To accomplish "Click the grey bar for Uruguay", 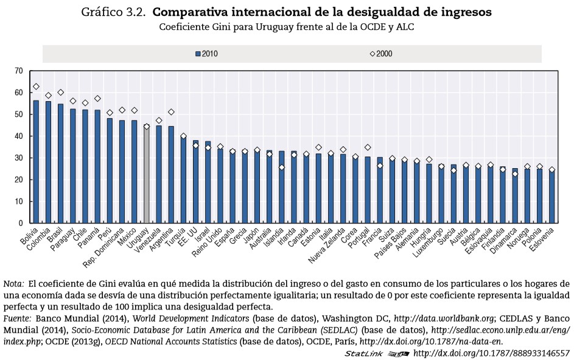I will pyautogui.click(x=146, y=174).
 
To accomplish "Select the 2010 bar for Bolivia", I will pyautogui.click(x=36, y=161).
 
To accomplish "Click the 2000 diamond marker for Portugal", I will pyautogui.click(x=368, y=147).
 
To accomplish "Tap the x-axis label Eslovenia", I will pyautogui.click(x=543, y=242).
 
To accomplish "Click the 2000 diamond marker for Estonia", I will pyautogui.click(x=318, y=147).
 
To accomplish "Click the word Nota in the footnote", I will pyautogui.click(x=13, y=284).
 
